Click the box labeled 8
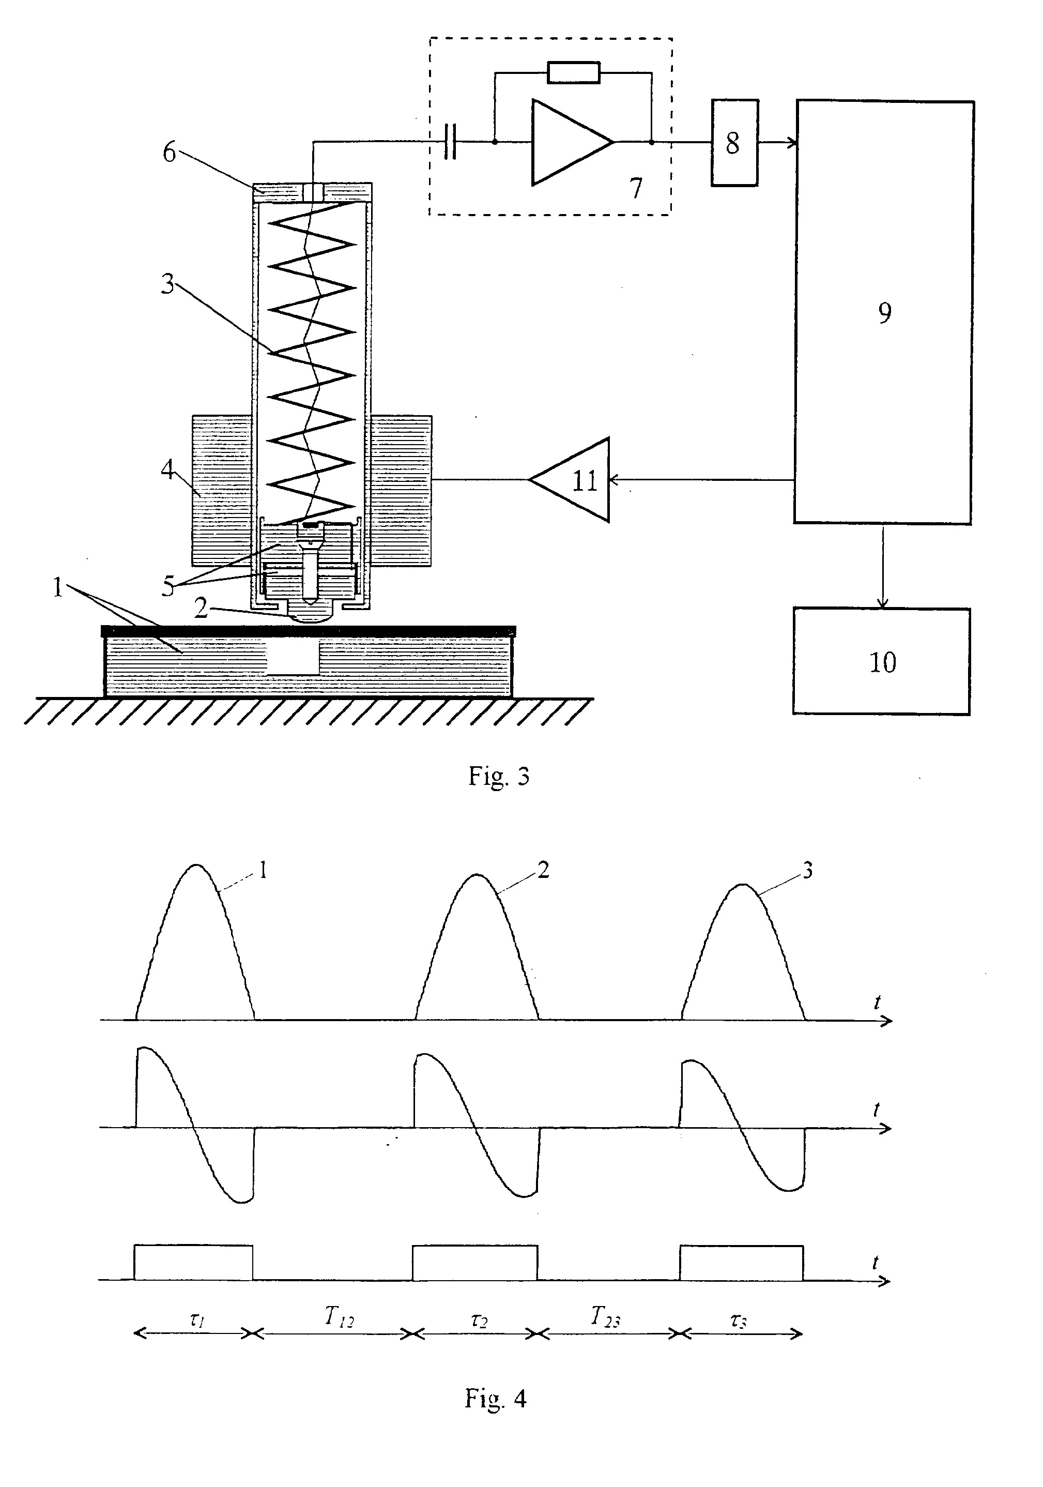734,143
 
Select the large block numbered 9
884,312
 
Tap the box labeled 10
881,661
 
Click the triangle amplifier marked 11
571,480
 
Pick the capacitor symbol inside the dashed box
451,142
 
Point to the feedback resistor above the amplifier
574,72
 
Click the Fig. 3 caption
499,777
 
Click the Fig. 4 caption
495,1399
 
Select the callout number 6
169,153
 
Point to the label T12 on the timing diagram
339,1317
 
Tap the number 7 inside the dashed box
636,188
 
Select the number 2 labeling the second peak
543,870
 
